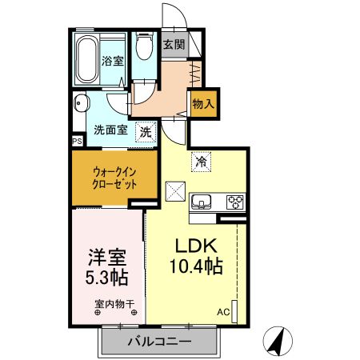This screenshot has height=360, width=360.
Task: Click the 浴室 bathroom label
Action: point(111,61)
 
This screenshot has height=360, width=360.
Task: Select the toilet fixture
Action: point(144,48)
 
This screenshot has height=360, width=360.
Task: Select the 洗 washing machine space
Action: point(146,131)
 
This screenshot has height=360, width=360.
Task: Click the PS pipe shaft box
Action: point(77,142)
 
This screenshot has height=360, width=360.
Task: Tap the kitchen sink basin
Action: point(202,201)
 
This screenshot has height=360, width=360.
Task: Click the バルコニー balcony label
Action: point(158,342)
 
